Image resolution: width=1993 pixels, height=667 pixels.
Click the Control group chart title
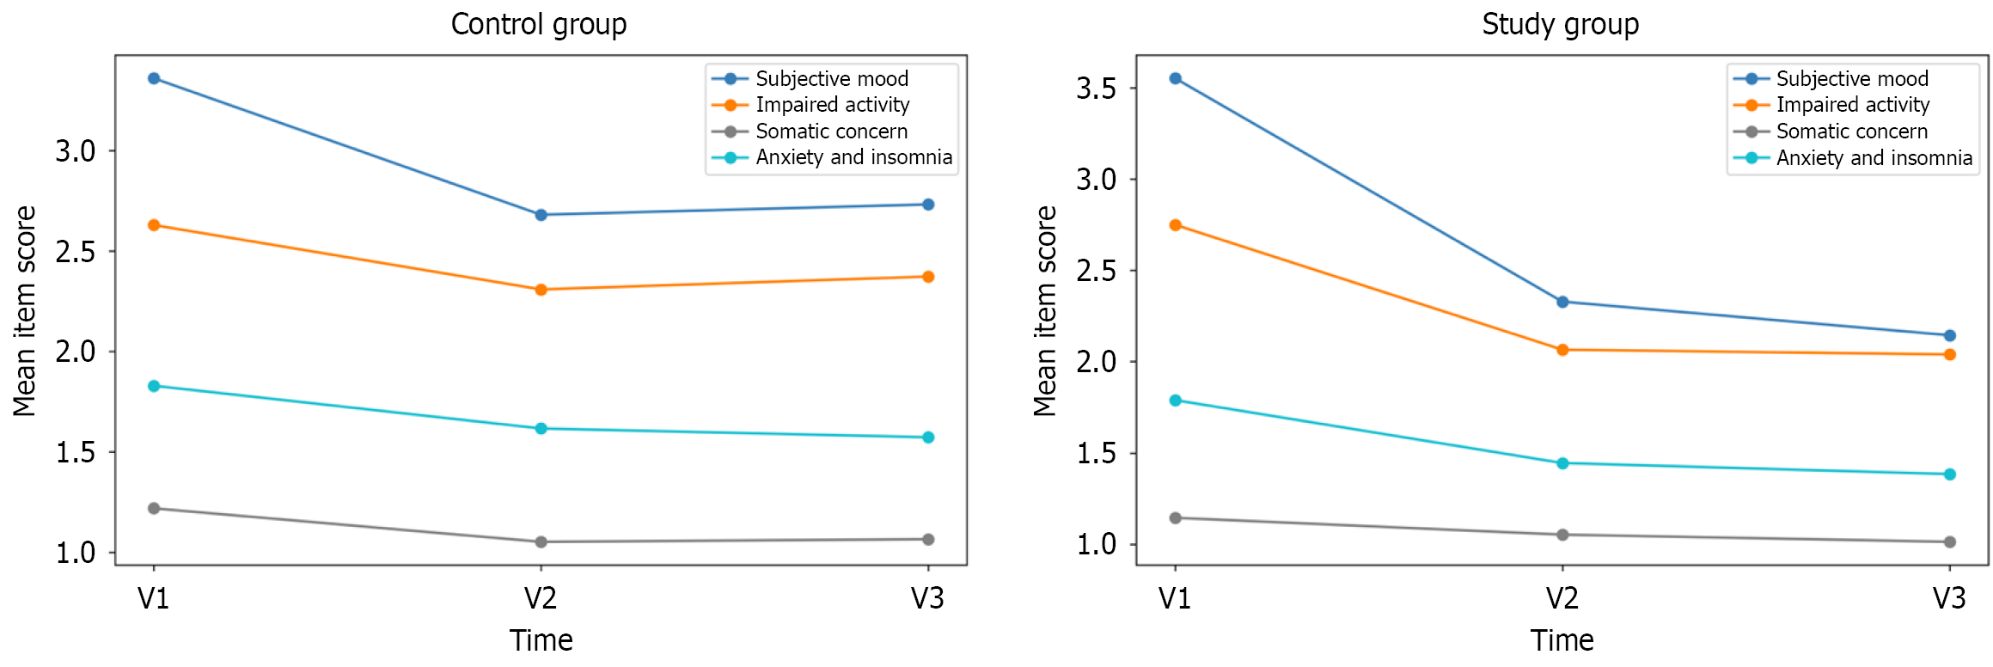pos(539,24)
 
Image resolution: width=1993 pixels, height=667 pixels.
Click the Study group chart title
pos(1560,24)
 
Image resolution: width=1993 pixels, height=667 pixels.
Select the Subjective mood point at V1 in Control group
pos(154,78)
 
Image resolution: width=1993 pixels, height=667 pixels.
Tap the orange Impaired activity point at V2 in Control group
pos(541,290)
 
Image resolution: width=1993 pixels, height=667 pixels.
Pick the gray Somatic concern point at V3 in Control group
pos(928,540)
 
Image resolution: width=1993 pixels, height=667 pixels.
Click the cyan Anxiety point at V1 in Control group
pos(154,386)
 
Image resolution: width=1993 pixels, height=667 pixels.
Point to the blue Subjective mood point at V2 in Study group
pos(1562,302)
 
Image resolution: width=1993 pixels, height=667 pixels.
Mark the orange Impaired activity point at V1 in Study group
pos(1176,225)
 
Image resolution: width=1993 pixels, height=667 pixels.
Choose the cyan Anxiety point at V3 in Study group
pos(1950,474)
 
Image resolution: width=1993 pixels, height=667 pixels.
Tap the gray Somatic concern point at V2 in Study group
pos(1562,535)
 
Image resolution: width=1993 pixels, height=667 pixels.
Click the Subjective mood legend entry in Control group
pos(831,79)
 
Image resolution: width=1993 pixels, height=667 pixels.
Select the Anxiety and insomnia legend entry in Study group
pos(1874,158)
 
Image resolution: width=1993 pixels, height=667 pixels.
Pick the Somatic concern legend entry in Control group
pos(831,132)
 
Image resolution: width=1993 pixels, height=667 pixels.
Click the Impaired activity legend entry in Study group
pos(1852,105)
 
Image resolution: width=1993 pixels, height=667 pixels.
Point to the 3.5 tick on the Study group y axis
pos(1097,89)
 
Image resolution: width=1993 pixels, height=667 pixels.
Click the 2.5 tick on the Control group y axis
pos(76,252)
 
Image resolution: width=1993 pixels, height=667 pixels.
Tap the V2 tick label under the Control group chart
pos(541,598)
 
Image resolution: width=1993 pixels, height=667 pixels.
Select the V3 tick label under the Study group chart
pos(1949,598)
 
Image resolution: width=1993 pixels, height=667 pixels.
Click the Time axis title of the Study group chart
pos(1562,640)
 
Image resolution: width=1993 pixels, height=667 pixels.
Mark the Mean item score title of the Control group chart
pos(25,311)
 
